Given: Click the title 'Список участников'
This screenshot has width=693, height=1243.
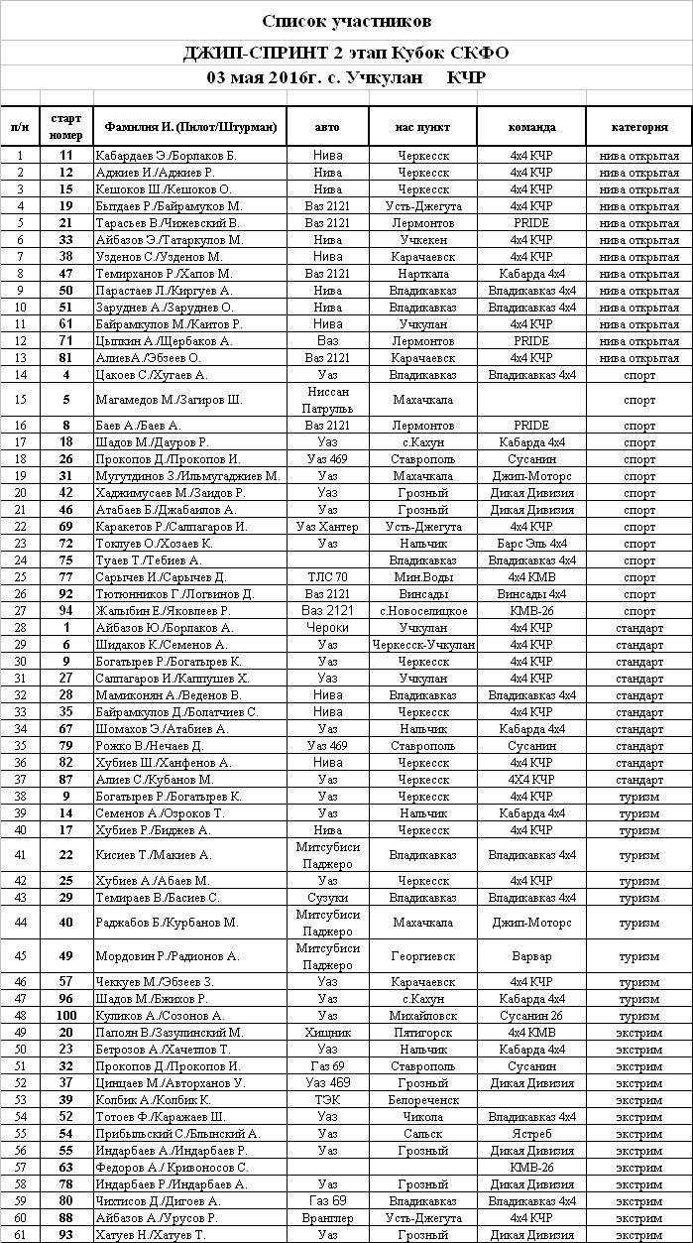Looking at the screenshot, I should point(346,21).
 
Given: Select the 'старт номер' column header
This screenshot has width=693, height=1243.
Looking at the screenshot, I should point(66,127).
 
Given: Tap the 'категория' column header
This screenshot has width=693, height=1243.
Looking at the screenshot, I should point(639,127).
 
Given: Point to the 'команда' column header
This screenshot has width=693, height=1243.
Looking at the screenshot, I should point(531,127).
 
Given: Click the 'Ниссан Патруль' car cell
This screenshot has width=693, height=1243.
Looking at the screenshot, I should point(327,400).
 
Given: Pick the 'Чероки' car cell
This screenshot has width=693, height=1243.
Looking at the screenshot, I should point(327,628).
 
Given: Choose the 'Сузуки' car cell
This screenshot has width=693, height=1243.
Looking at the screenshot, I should point(327,897).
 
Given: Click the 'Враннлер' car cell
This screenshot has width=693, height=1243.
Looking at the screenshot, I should point(327,1217).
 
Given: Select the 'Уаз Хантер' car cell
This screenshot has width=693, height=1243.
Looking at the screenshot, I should point(327,527).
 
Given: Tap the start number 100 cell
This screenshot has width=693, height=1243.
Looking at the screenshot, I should point(66,1015).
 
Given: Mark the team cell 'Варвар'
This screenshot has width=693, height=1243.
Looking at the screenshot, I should point(531,956).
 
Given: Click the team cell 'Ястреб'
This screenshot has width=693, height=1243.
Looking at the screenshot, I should point(531,1133).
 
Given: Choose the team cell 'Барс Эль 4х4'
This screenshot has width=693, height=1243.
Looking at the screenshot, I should point(531,544).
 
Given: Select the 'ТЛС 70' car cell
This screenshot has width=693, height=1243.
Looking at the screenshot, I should point(327,577).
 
